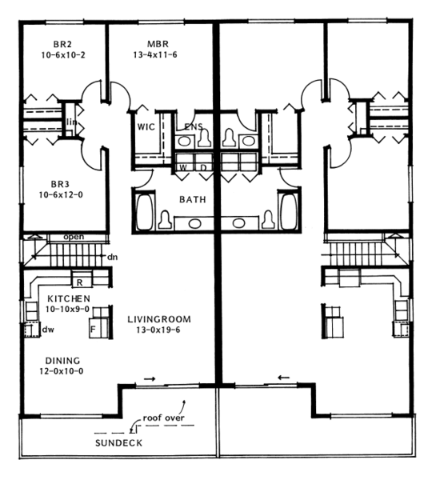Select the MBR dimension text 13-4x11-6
pyautogui.click(x=157, y=55)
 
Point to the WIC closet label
pyautogui.click(x=145, y=126)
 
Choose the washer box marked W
pyautogui.click(x=182, y=167)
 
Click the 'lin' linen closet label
pyautogui.click(x=71, y=122)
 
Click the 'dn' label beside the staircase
pyautogui.click(x=113, y=257)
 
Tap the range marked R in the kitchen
pyautogui.click(x=80, y=282)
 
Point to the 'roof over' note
pyautogui.click(x=165, y=418)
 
